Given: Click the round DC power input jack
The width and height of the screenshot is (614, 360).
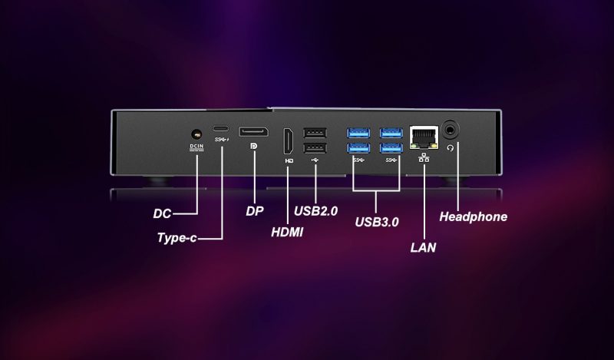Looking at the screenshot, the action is tap(196, 134).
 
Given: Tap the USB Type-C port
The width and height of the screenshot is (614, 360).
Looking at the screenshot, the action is tap(221, 128).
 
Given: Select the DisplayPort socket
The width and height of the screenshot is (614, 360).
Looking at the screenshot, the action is tap(254, 131).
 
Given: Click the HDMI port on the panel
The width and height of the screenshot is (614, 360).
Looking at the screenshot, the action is tap(289, 141).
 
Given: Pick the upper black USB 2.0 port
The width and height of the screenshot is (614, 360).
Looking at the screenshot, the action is tap(315, 132).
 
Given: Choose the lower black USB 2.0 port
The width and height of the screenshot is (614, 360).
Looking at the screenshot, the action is tap(315, 147).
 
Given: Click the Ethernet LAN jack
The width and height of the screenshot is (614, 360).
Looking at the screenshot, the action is tap(424, 137).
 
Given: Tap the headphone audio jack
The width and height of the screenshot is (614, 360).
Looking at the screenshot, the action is tap(451, 129).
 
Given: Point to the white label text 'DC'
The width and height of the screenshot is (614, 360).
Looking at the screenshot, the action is tap(162, 214).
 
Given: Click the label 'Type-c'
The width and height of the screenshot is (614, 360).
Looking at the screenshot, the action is tap(177, 238).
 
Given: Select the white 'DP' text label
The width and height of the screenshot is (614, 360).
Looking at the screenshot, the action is tap(255, 212).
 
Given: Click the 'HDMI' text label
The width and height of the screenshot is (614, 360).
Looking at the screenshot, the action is tap(287, 233).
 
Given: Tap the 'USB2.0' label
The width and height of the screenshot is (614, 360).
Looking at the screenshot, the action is tap(315, 211).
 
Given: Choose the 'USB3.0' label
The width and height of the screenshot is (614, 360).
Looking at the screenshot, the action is tap(377, 222).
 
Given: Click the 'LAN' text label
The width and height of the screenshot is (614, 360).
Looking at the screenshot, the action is tap(423, 248).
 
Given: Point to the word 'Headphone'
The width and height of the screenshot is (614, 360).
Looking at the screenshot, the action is tap(473, 216).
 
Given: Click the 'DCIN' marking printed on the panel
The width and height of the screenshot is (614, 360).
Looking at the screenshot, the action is tap(196, 147).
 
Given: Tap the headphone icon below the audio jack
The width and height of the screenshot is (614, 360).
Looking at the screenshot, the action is tap(451, 147).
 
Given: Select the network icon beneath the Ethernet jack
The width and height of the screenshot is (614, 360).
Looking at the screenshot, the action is tap(424, 158).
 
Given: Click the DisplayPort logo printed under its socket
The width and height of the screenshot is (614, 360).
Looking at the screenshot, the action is tap(254, 146).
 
